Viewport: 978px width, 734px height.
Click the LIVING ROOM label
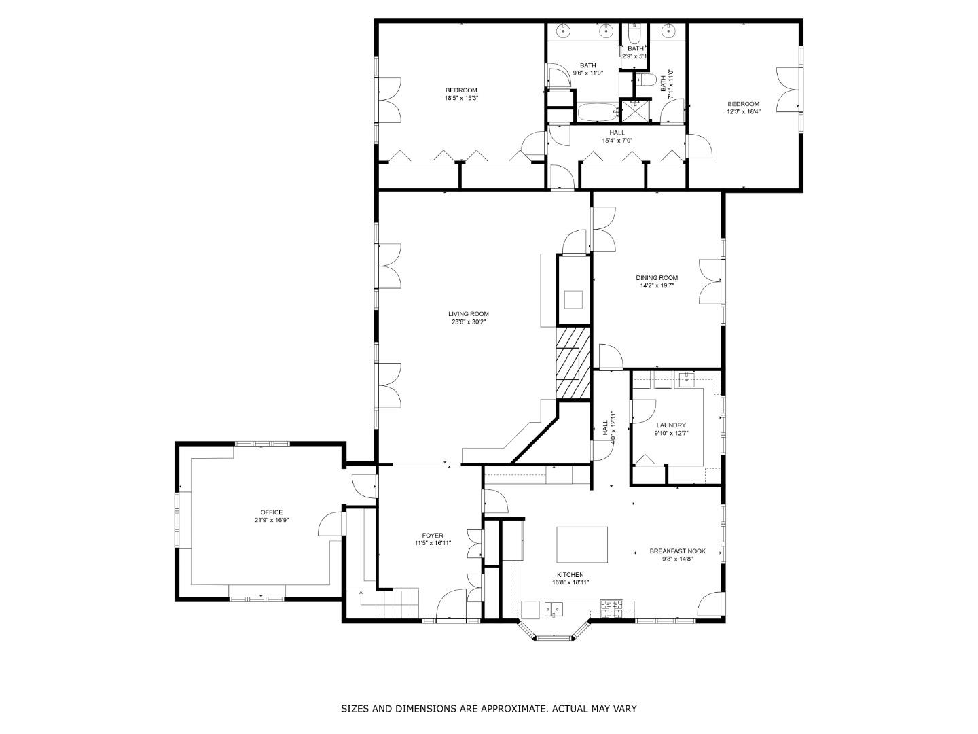point(468,314)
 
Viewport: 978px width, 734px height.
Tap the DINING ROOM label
point(656,277)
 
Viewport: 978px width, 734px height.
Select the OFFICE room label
point(271,512)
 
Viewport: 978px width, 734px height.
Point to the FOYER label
point(433,536)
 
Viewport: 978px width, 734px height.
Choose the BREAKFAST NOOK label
point(676,551)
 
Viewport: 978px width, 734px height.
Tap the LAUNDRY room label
point(670,425)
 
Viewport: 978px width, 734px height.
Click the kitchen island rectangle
point(582,544)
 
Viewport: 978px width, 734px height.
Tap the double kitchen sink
point(554,609)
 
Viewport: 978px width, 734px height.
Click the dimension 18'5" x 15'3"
point(460,98)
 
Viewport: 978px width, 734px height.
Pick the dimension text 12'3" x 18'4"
point(743,111)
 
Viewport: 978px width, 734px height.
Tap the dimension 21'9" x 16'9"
point(271,521)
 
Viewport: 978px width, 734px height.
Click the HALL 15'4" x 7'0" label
point(617,137)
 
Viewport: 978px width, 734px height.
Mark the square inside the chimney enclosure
point(574,300)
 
